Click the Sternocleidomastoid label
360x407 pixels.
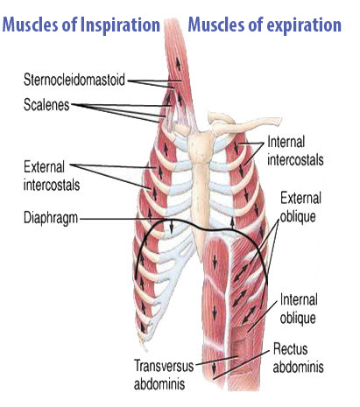(x=74, y=80)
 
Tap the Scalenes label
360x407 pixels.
(x=46, y=105)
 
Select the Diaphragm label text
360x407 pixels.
(x=51, y=218)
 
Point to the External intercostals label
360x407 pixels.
(x=52, y=176)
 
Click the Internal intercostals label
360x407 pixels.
(x=295, y=151)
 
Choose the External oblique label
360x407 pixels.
(x=300, y=207)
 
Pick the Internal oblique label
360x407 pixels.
(x=299, y=308)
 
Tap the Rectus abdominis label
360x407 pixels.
(x=299, y=357)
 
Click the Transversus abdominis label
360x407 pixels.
(x=164, y=375)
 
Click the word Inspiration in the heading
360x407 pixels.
(x=120, y=25)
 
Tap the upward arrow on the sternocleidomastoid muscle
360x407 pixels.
(x=178, y=63)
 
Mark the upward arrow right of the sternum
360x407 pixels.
(x=232, y=222)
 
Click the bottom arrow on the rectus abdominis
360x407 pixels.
(x=214, y=368)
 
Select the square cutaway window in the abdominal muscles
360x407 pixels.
(x=243, y=340)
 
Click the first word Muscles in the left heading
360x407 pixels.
(x=31, y=25)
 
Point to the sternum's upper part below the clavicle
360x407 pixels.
(x=201, y=147)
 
